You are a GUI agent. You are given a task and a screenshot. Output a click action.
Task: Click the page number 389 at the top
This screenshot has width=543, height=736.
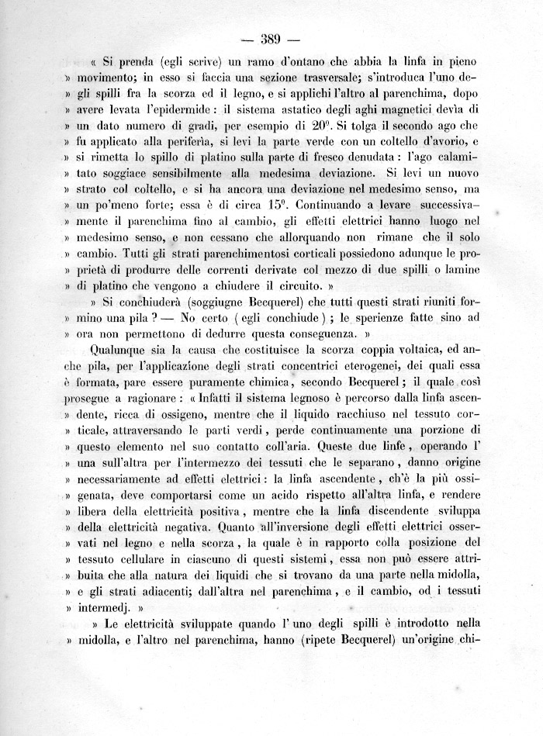(x=271, y=40)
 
